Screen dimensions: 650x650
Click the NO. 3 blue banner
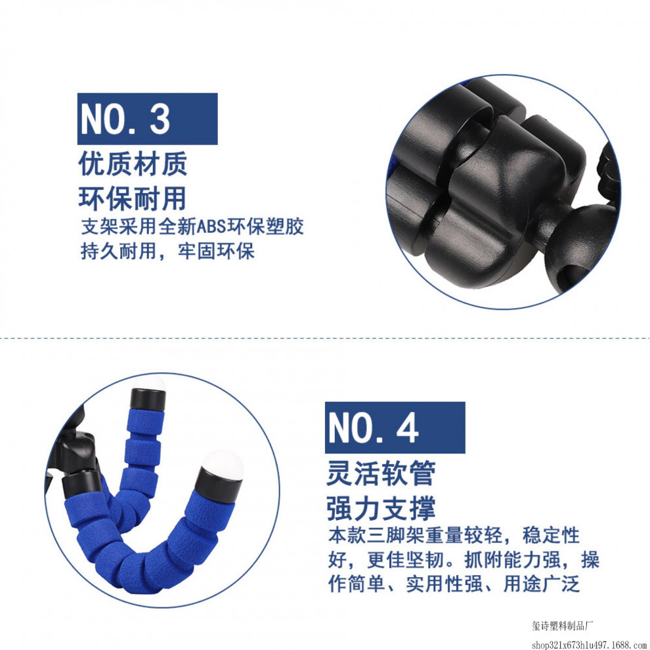point(147,119)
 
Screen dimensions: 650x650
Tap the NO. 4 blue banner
point(395,427)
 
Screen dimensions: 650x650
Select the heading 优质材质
point(133,163)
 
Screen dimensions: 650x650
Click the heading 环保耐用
point(133,199)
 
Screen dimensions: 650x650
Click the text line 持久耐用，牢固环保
point(167,251)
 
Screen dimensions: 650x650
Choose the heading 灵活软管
point(381,473)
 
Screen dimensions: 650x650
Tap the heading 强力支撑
point(381,508)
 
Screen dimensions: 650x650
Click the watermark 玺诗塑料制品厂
point(562,626)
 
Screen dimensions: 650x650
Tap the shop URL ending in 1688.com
point(590,645)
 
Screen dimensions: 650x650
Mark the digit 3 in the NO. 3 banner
point(160,119)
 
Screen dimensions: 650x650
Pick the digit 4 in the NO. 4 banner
point(408,428)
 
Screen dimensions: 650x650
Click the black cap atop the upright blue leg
point(148,399)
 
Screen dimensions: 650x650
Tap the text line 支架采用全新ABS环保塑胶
point(192,227)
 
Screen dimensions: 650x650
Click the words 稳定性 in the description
point(551,536)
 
